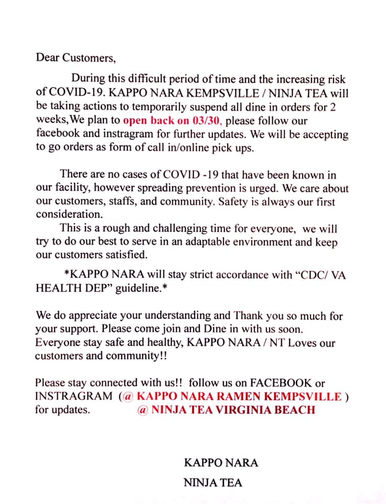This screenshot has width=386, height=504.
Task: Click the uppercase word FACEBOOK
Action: [x=282, y=383]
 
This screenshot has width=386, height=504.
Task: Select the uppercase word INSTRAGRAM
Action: [x=73, y=396]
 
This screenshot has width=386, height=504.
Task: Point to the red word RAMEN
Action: [x=234, y=396]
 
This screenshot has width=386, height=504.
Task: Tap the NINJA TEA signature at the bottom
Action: [x=213, y=482]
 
